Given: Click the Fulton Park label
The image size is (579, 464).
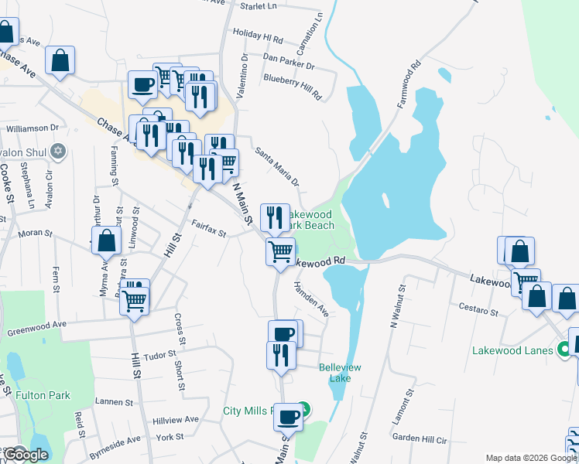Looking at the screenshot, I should coord(43,395).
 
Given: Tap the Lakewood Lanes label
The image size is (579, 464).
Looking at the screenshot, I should coord(513,350).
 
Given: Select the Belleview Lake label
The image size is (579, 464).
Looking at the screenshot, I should coord(340,373).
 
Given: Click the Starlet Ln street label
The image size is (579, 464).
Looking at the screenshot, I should coord(259,6).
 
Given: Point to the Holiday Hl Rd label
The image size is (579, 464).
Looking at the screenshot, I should coord(258,36).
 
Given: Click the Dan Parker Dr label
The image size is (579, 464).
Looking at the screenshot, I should coord(289,57).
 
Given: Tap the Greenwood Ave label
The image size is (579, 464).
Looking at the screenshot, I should coord(37,331).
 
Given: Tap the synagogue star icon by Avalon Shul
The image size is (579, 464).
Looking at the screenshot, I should coord(57,152).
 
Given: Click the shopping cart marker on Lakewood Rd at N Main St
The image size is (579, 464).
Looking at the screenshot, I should coord(280,251).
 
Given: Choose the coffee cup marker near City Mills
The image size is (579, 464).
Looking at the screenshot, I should coord(288,416).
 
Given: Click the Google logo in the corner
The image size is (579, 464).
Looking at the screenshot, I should coord(26,455).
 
